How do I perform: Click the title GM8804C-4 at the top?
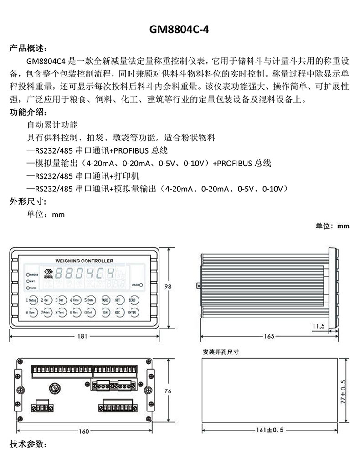click(180, 29)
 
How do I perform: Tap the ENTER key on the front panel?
click(132, 313)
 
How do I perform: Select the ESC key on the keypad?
click(118, 313)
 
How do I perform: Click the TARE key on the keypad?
click(104, 301)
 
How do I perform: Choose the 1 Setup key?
click(31, 301)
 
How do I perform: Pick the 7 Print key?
click(46, 313)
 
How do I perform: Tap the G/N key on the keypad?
click(104, 313)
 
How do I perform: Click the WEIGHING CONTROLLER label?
click(84, 261)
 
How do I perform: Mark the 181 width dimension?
click(82, 336)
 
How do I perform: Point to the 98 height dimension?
click(168, 287)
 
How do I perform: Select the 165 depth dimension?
click(269, 336)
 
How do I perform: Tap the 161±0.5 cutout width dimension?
click(270, 430)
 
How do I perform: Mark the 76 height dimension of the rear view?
click(168, 391)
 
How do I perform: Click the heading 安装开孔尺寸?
click(221, 352)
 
